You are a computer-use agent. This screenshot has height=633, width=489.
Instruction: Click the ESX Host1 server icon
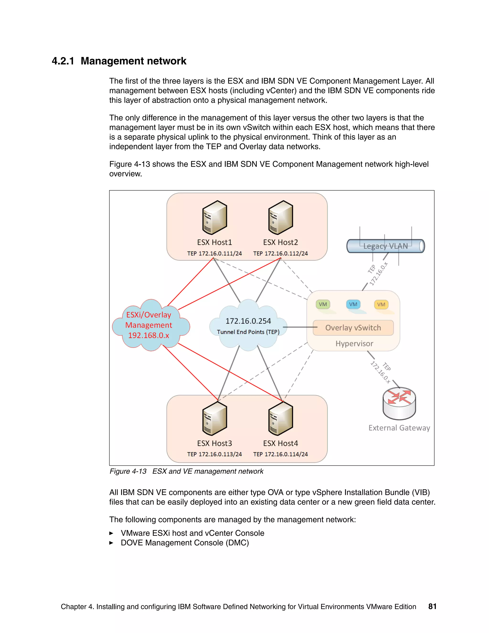[x=214, y=217]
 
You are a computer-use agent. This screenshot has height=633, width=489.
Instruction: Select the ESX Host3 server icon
[x=214, y=418]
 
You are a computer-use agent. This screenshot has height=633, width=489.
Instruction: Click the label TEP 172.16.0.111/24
[x=214, y=254]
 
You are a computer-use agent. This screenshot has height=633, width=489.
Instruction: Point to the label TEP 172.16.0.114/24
[x=280, y=455]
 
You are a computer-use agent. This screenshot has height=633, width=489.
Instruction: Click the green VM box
[x=323, y=304]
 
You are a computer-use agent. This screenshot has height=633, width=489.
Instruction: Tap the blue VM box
[x=353, y=304]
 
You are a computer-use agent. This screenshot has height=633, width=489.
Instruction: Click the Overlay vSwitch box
[x=353, y=328]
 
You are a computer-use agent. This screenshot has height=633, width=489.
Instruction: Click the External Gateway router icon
[x=399, y=403]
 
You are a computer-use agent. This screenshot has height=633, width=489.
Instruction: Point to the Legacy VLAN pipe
[x=385, y=246]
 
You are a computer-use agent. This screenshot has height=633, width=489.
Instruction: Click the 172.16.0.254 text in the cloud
[x=248, y=321]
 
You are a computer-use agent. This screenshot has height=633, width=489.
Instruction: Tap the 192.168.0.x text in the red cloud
[x=149, y=335]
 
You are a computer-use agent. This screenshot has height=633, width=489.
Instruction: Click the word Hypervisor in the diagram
[x=354, y=344]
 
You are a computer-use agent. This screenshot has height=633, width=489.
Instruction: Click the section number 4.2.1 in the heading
[x=63, y=61]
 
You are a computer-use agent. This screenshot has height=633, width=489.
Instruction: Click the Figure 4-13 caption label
[x=128, y=471]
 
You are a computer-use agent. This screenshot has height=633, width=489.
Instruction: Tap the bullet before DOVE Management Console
[x=111, y=543]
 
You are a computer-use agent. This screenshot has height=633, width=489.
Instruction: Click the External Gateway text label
[x=399, y=428]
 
